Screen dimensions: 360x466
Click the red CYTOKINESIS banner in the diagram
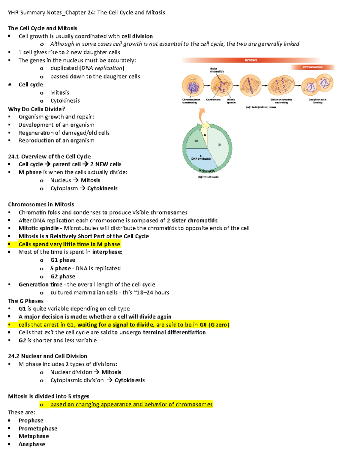tap(313, 67)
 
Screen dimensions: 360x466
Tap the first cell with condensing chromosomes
tap(193, 86)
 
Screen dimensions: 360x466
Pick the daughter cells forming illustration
tap(317, 86)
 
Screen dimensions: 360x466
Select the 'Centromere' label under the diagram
tap(213, 100)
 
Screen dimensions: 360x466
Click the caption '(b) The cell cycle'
tap(208, 177)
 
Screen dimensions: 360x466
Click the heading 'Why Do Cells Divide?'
tap(36, 109)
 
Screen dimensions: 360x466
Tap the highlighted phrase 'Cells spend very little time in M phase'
tap(69, 244)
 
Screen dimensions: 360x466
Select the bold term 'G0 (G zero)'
tap(214, 325)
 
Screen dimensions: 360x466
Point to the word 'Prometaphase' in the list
tap(38, 428)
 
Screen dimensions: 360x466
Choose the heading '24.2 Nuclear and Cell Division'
tap(47, 356)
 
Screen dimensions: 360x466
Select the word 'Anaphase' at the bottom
tap(32, 444)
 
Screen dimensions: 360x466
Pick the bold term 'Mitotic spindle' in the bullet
tap(38, 228)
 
